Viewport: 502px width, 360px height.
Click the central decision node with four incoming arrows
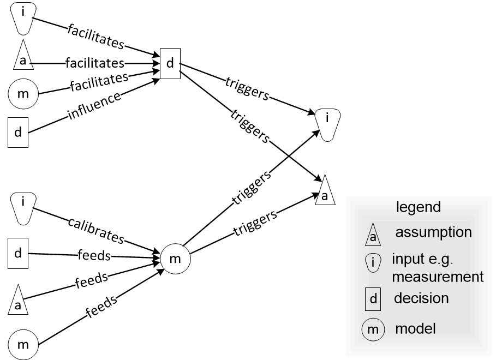point(170,63)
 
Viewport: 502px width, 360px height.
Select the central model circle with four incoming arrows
point(176,259)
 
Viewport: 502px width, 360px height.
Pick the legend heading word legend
point(419,207)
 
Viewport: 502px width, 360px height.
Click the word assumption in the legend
point(433,232)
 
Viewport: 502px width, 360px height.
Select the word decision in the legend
point(421,298)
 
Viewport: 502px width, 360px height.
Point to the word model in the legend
point(416,329)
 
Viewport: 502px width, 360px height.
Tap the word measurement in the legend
point(438,277)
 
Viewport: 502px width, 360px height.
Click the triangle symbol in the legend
point(373,235)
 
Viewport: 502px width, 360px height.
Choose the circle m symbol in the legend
point(373,329)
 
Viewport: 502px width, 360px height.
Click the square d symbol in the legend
point(373,299)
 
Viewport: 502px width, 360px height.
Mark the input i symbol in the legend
point(373,262)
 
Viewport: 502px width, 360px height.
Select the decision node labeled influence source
point(18,133)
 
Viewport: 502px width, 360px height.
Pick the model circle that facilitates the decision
point(23,94)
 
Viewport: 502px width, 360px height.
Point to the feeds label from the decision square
point(94,255)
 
